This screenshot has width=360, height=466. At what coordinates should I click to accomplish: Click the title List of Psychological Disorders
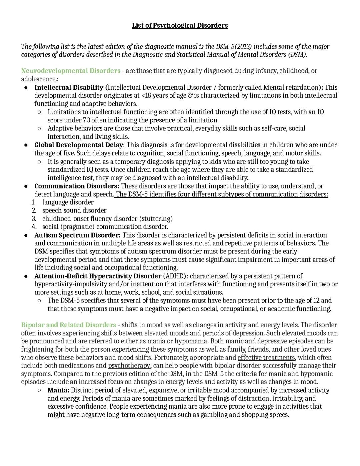(x=180, y=25)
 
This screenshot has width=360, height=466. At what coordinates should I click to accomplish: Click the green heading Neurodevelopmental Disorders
(x=71, y=71)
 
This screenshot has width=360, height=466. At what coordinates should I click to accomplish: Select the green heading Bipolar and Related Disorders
(x=69, y=325)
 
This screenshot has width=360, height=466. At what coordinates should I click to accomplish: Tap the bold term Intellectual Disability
(x=69, y=87)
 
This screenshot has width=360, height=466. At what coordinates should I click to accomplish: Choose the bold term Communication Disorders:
(x=77, y=186)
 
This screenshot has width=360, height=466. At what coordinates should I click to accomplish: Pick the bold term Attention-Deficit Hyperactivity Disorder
(x=98, y=276)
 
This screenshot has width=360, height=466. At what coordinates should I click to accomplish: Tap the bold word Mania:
(x=58, y=390)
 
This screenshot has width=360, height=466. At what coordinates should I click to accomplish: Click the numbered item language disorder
(x=68, y=202)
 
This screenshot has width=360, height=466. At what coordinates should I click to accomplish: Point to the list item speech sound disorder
(x=74, y=210)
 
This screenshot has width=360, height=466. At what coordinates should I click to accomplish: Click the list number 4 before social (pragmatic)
(x=34, y=227)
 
